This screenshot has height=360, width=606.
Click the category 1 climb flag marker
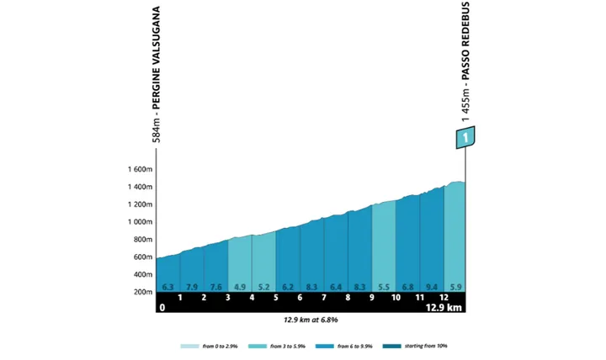[465, 137]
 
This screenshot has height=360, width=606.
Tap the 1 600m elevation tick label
[140, 169]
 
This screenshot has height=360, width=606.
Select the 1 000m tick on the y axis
[140, 222]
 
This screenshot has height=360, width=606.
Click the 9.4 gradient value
[433, 287]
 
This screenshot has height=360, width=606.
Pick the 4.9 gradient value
[240, 287]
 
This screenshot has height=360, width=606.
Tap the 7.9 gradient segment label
[192, 287]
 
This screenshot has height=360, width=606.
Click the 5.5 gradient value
[384, 287]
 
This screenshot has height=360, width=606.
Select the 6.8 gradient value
[408, 287]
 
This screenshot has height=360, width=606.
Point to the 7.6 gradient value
[216, 287]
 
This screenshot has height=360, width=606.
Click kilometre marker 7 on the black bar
[324, 297]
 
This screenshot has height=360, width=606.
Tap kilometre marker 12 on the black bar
[444, 297]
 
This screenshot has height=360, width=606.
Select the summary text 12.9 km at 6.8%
[310, 320]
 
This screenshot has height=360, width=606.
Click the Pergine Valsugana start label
[156, 76]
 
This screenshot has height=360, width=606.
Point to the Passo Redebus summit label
[465, 63]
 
